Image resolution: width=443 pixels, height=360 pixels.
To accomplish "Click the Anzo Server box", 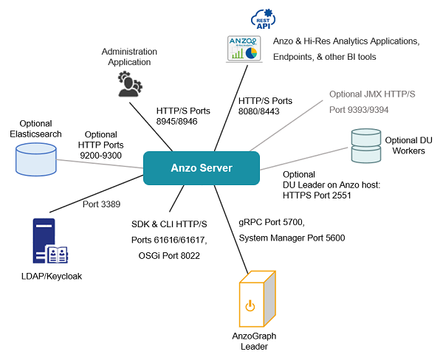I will click(201, 168).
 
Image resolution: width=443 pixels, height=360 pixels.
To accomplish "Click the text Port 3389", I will click(98, 204).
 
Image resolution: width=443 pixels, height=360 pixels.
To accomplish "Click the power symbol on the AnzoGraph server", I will click(250, 304).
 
